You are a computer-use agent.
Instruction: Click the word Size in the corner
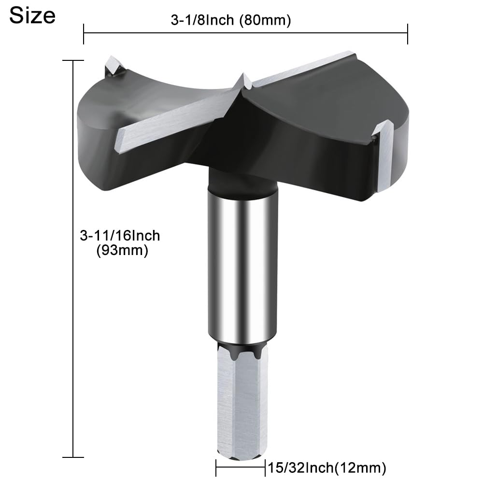pyautogui.click(x=32, y=15)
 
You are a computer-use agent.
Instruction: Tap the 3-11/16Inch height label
pyautogui.click(x=120, y=236)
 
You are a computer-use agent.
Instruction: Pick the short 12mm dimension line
pyautogui.click(x=241, y=468)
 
